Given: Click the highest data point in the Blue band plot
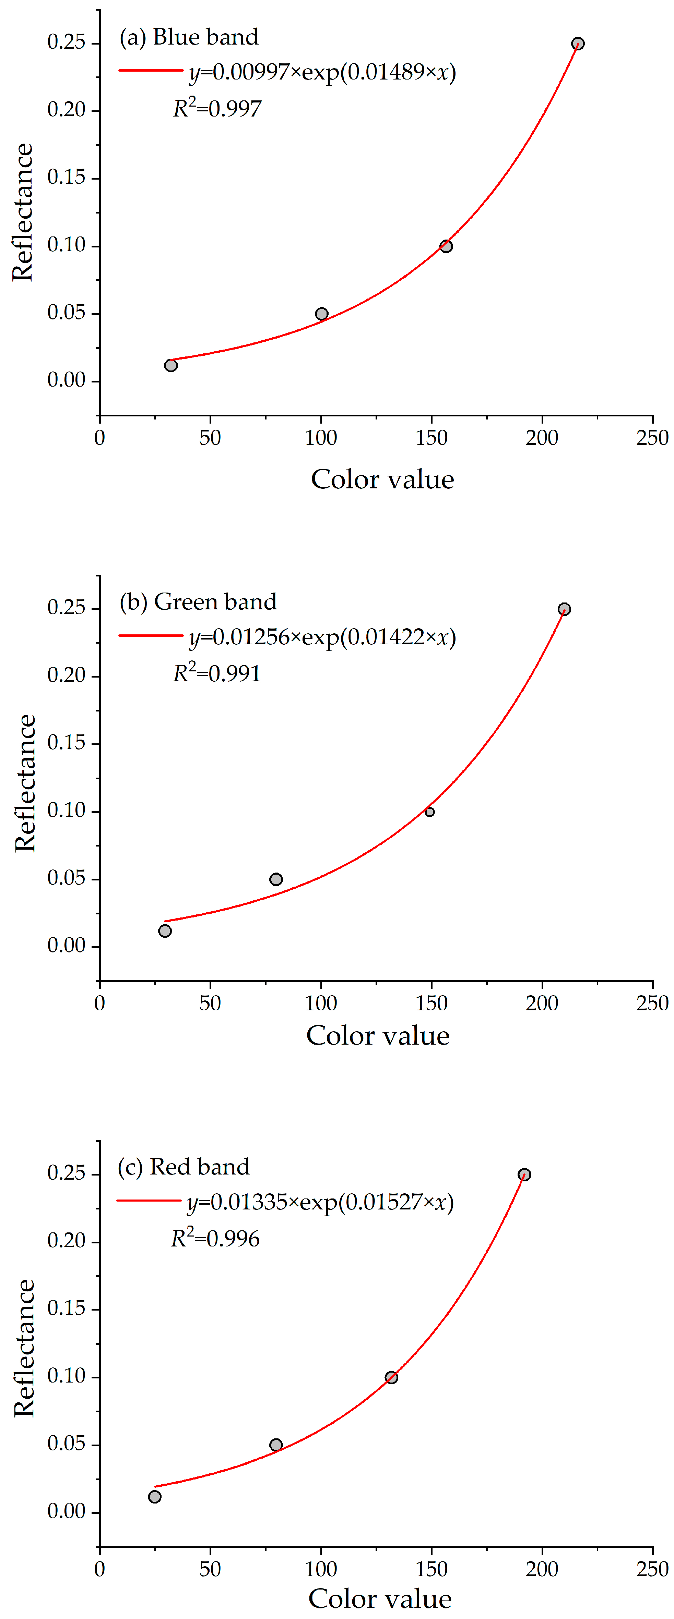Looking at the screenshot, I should pos(577,44).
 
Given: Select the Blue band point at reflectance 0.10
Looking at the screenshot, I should pos(446,246).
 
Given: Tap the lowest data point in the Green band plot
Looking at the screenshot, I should pos(165,931).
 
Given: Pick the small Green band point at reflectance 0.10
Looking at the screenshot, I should pos(429,812).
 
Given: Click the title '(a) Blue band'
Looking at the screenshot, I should pos(189,37).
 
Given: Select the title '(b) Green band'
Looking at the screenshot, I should pos(198,601).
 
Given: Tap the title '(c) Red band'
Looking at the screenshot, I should pos(184,1167).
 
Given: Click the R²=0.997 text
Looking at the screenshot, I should pos(217,108).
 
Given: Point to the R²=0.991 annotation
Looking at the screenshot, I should pos(217,673).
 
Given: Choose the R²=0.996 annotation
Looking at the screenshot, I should pos(215,1238).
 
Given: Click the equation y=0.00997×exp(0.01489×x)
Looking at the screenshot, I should pos(322,72).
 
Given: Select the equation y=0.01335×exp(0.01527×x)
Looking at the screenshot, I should pos(320,1202).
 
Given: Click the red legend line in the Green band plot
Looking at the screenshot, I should pos(151,635).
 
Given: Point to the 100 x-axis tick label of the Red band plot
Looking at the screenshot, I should pos(321,1569).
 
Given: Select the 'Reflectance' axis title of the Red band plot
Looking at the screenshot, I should pos(24,1349).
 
